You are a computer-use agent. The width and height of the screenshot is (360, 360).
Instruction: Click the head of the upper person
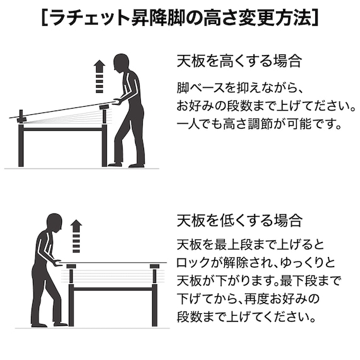(x=121, y=63)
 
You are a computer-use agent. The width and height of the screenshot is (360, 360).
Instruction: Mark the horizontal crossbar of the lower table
(x=113, y=289)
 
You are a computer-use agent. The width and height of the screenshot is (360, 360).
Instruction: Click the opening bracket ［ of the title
(x=44, y=17)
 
